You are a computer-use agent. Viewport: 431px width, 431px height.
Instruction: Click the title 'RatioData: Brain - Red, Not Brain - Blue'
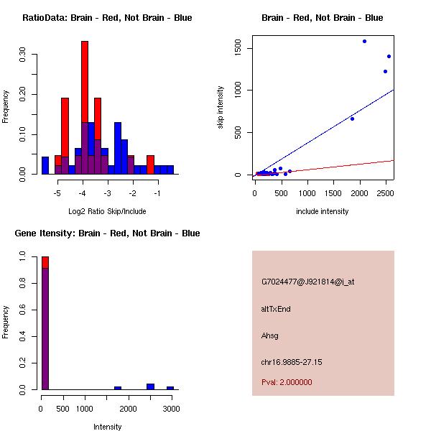pyautogui.click(x=107, y=18)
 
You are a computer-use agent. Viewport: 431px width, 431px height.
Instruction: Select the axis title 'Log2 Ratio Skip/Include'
pyautogui.click(x=106, y=211)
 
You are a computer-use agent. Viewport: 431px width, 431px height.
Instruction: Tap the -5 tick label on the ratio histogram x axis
pyautogui.click(x=58, y=193)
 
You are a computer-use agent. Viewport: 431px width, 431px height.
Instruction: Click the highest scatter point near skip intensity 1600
pyautogui.click(x=364, y=42)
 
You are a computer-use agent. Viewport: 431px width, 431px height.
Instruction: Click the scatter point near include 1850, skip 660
pyautogui.click(x=352, y=119)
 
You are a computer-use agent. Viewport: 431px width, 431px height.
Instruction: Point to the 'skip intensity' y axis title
pyautogui.click(x=221, y=108)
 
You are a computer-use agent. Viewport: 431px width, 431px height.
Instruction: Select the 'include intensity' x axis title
pyautogui.click(x=323, y=211)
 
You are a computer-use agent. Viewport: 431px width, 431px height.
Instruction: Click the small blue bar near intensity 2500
pyautogui.click(x=150, y=386)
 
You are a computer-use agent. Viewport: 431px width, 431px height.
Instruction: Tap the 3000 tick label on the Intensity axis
pyautogui.click(x=171, y=409)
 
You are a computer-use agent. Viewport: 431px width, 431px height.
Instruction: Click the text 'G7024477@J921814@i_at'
pyautogui.click(x=307, y=282)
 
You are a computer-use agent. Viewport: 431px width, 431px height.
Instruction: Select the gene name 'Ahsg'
pyautogui.click(x=270, y=335)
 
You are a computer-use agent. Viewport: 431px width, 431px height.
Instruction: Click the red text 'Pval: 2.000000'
pyautogui.click(x=287, y=382)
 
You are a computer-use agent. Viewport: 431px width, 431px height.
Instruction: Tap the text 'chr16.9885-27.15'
pyautogui.click(x=292, y=362)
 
